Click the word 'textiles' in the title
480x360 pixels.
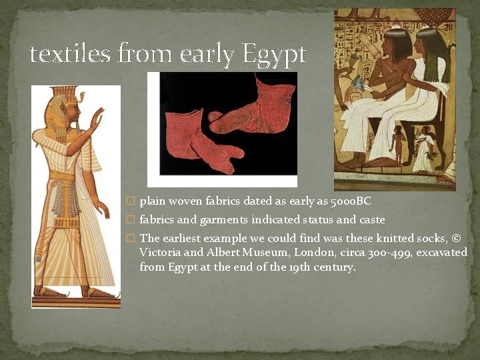pyautogui.click(x=70, y=54)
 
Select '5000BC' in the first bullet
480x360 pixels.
pyautogui.click(x=351, y=201)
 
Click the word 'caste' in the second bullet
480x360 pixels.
pyautogui.click(x=371, y=219)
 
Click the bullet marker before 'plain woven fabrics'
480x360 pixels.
pyautogui.click(x=131, y=201)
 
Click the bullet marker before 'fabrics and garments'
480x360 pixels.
pyautogui.click(x=131, y=220)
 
